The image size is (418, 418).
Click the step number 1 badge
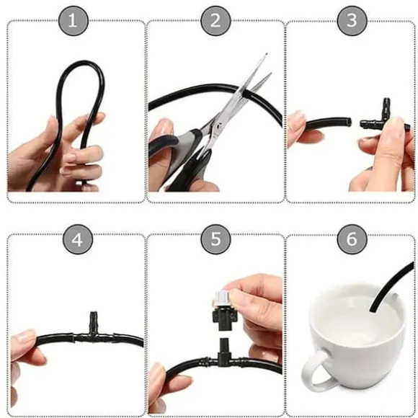pyautogui.click(x=74, y=20)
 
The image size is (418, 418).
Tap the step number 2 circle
pyautogui.click(x=215, y=20)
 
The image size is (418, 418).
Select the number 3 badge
pyautogui.click(x=352, y=20)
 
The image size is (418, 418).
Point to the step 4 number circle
pyautogui.click(x=78, y=239)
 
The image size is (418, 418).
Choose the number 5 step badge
pyautogui.click(x=215, y=239)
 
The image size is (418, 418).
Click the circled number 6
pyautogui.click(x=352, y=239)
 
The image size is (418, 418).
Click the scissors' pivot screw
pyautogui.click(x=219, y=126)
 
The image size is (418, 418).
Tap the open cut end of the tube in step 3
pyautogui.click(x=349, y=123)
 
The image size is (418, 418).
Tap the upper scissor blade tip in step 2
pyautogui.click(x=266, y=54)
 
